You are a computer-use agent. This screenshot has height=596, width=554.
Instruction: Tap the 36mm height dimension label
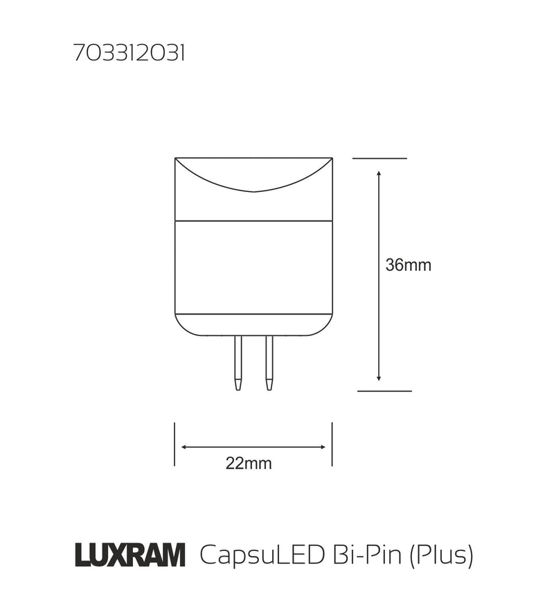(x=409, y=265)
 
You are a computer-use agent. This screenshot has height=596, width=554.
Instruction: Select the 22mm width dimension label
(x=249, y=464)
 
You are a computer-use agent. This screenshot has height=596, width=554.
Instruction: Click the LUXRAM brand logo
(x=129, y=554)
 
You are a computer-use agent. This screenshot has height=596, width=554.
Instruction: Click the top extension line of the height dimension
(x=379, y=159)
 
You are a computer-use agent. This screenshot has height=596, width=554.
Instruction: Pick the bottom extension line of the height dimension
(x=384, y=391)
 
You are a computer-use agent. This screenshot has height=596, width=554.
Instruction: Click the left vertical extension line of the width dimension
(x=175, y=444)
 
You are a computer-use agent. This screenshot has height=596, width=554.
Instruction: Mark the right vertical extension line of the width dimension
(x=332, y=444)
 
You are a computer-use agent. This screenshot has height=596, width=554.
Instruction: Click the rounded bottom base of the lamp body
(x=253, y=325)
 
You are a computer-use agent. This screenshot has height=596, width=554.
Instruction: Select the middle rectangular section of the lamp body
(x=253, y=267)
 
